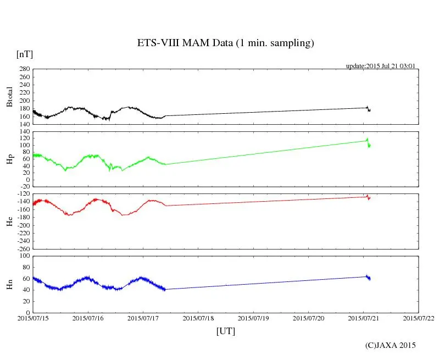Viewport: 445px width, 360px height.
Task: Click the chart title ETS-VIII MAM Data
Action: click(x=225, y=43)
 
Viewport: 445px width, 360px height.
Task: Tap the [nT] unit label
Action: click(x=24, y=54)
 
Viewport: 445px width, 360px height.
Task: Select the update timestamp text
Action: click(x=380, y=66)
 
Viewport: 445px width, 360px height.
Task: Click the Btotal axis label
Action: click(x=9, y=97)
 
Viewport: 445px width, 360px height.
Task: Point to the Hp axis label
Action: click(x=9, y=160)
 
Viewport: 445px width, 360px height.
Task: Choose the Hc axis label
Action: click(x=9, y=221)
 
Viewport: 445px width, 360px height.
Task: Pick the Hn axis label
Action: click(x=9, y=284)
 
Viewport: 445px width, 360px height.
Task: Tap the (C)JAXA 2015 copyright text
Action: click(x=391, y=346)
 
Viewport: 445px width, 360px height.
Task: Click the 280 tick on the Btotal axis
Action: click(x=24, y=69)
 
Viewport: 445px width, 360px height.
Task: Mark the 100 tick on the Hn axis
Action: click(x=24, y=256)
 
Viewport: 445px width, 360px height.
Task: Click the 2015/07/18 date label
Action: click(x=198, y=318)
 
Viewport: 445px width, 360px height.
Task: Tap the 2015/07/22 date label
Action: click(x=419, y=318)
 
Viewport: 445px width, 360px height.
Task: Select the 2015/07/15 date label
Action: click(x=33, y=318)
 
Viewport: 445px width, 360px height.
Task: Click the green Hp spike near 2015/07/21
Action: click(x=367, y=139)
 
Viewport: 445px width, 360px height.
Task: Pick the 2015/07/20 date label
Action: click(x=309, y=318)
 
